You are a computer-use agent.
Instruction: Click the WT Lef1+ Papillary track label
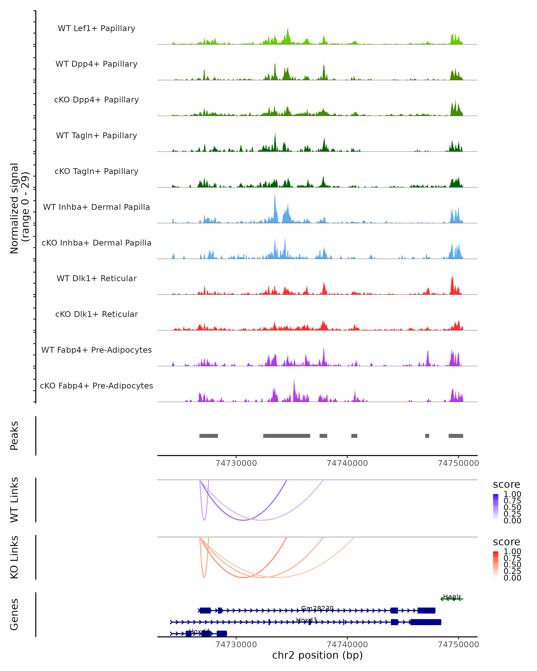96,28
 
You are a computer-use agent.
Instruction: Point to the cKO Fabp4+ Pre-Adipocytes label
96,386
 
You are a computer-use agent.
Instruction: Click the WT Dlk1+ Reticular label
96,278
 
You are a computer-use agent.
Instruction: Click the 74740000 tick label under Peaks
347,463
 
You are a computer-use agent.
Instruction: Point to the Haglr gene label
452,597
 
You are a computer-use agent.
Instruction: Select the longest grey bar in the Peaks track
286,436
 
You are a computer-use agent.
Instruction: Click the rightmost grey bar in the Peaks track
456,436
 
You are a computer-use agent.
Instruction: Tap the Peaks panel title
14,435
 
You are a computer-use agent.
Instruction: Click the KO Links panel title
14,557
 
